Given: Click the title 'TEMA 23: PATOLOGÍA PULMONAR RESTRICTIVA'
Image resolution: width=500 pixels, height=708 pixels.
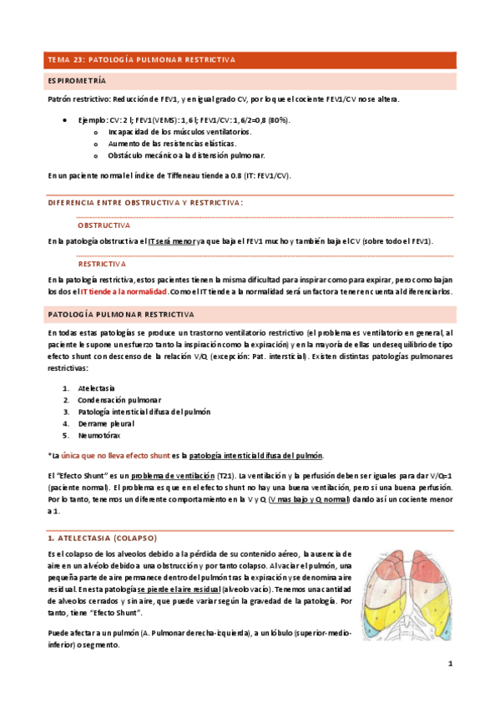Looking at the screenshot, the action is (142, 60).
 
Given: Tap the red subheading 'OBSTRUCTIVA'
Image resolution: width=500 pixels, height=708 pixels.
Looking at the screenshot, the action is (104, 225).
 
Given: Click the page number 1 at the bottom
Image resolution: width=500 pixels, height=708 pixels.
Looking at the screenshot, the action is (449, 665).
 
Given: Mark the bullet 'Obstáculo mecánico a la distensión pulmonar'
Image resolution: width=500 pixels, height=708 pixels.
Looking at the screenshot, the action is (187, 155).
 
